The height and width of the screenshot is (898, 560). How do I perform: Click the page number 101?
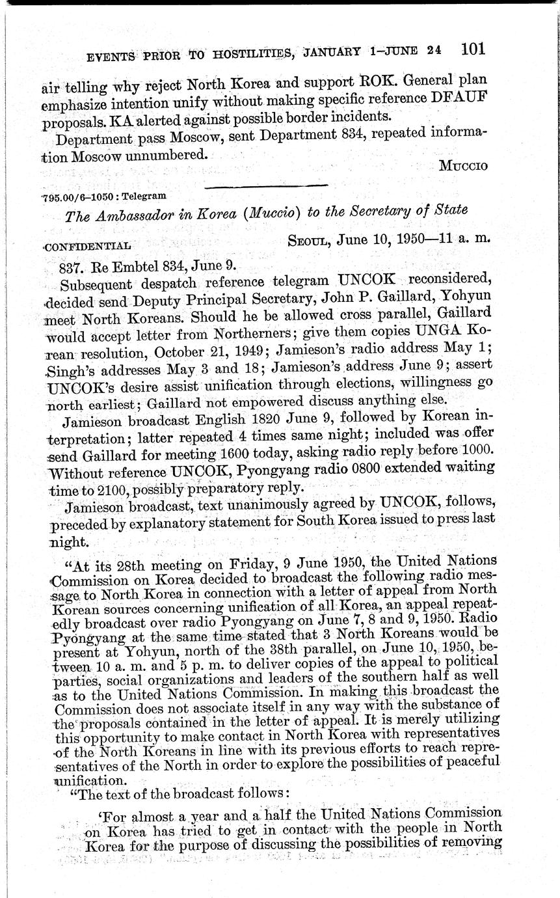click(x=473, y=49)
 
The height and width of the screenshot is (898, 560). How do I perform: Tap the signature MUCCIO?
click(x=463, y=165)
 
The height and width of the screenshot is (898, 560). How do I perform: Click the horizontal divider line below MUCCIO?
click(x=265, y=186)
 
